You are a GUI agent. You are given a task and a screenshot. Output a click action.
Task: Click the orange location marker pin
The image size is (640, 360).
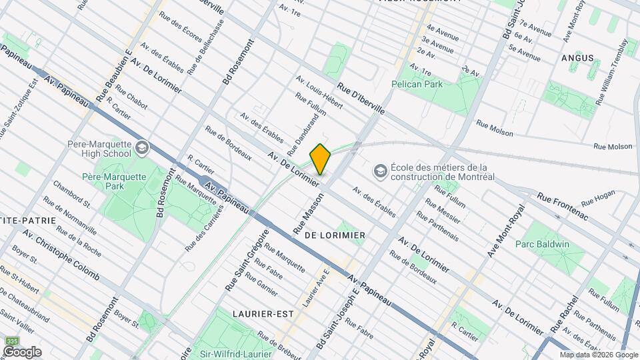point(320,159)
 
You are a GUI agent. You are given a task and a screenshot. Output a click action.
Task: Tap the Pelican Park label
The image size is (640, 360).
point(417,85)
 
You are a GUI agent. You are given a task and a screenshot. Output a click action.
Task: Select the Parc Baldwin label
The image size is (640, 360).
point(542,244)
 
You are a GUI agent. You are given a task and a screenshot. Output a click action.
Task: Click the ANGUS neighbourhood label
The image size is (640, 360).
point(578,58)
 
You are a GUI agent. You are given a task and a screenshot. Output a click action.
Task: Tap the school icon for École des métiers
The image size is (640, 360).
point(381,171)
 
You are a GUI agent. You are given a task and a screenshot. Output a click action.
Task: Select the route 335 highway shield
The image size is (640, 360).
point(11,341)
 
